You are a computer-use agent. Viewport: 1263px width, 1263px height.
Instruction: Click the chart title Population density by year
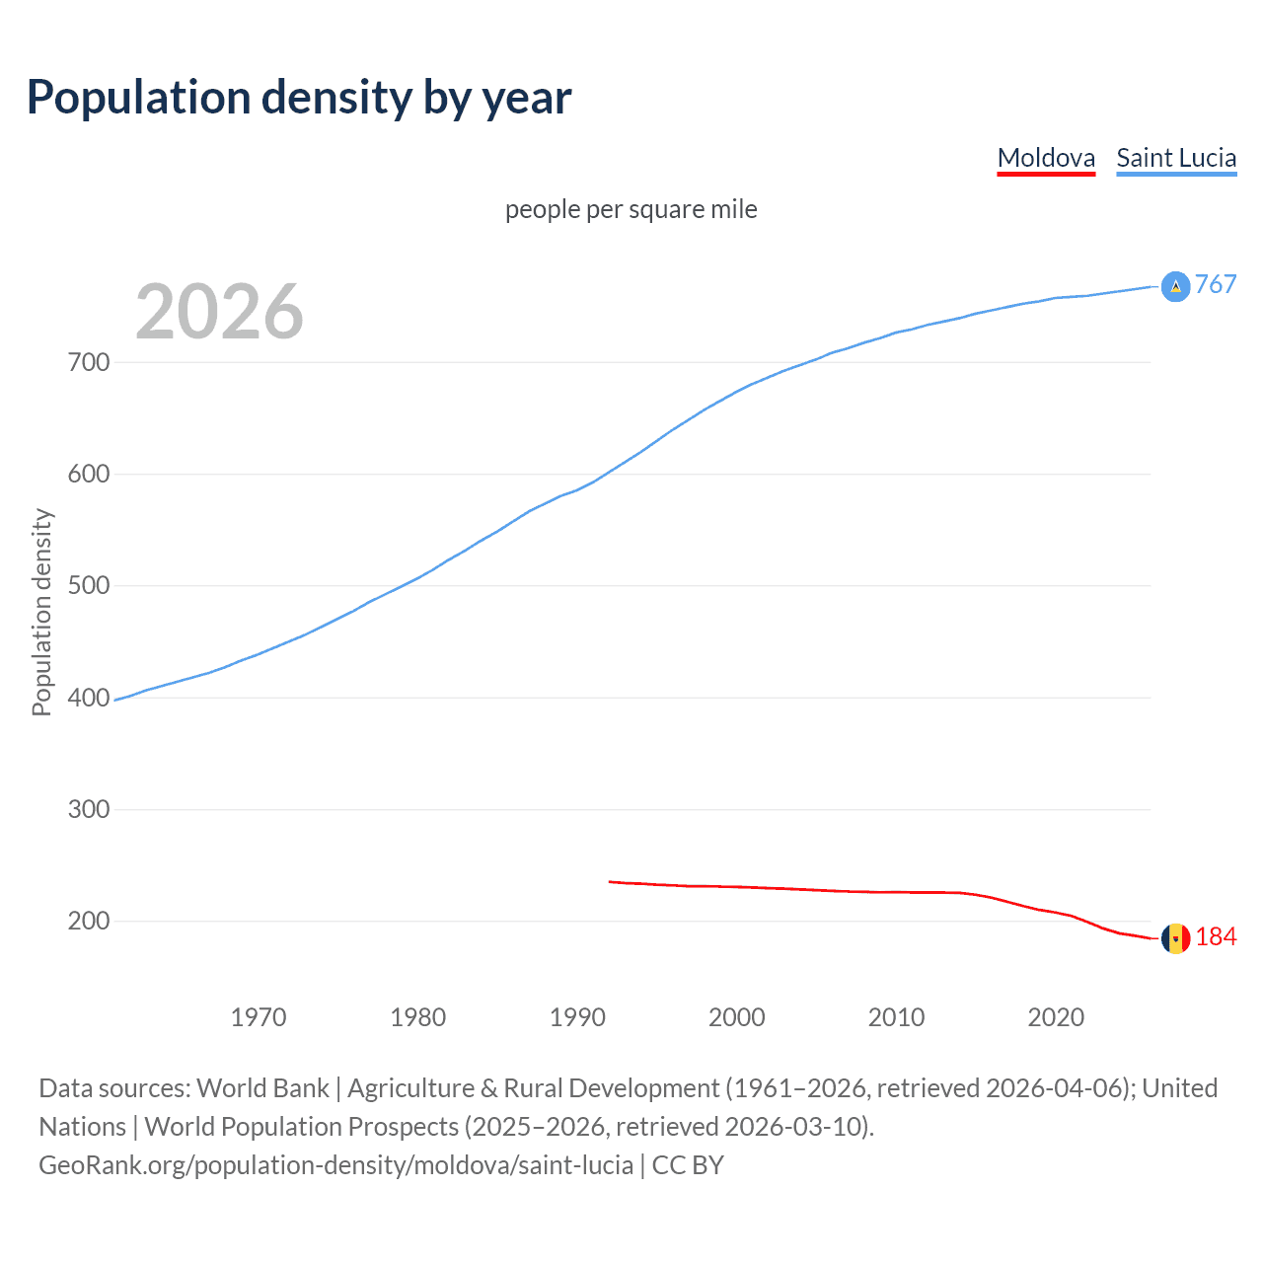pos(299,98)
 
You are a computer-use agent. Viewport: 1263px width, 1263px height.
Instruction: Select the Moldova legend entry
pos(1046,158)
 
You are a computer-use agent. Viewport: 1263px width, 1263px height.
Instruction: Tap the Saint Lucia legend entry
pos(1176,158)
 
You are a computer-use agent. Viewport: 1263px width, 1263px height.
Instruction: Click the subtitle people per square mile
pos(631,209)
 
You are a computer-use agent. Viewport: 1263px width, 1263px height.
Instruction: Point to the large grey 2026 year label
pos(219,312)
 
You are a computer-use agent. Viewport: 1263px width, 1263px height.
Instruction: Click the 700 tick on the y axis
pos(89,362)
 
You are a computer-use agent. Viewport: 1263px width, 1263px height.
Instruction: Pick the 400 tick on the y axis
pos(89,698)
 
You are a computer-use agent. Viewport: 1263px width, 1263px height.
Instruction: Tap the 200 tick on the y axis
pos(89,921)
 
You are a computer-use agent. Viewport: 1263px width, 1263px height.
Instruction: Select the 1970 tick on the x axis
pos(259,1016)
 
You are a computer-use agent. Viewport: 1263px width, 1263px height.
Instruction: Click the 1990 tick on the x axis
pos(577,1016)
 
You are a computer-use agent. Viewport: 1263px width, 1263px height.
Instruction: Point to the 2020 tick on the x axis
pos(1056,1016)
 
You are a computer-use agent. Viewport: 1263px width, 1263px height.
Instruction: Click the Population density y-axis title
pos(41,612)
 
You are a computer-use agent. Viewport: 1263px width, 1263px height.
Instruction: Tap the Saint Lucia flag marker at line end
pos(1175,286)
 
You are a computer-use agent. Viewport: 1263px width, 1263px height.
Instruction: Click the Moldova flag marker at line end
pos(1175,938)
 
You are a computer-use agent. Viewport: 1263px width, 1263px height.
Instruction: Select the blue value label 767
pos(1216,284)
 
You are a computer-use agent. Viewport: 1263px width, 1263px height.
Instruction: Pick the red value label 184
pos(1216,936)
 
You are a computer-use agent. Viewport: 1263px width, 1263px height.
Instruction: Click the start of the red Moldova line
pos(611,881)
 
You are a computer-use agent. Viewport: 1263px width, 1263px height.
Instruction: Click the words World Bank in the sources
pos(262,1088)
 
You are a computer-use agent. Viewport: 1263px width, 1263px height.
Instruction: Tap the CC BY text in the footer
pos(688,1165)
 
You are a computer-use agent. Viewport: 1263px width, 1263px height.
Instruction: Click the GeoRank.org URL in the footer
pos(335,1165)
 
